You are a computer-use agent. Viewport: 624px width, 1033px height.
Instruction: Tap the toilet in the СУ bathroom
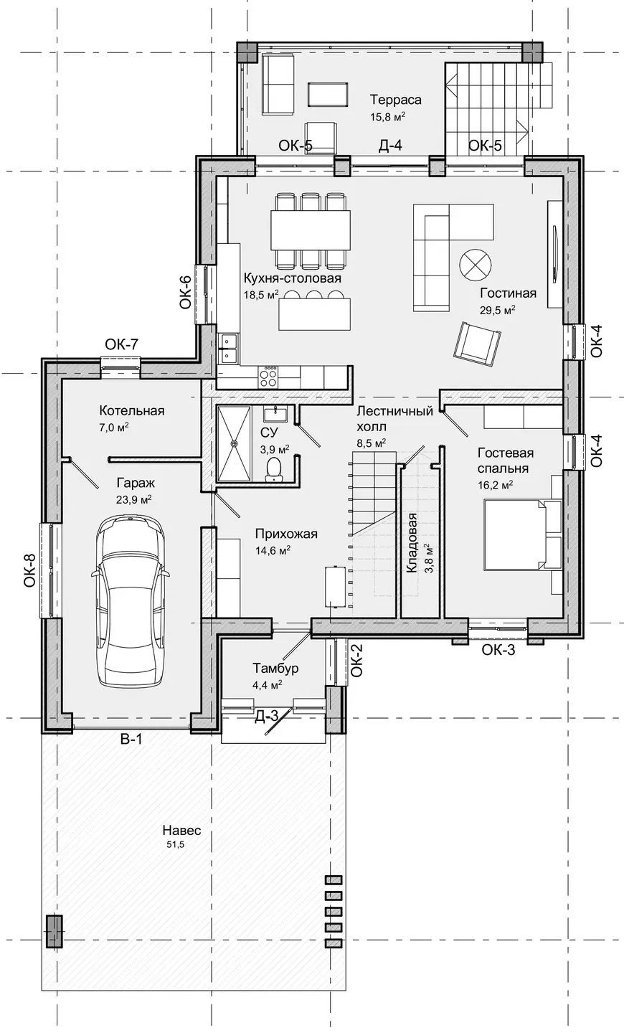click(275, 469)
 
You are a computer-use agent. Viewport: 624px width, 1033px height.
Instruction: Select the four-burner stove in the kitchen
click(268, 376)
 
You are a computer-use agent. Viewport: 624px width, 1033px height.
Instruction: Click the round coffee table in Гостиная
click(475, 265)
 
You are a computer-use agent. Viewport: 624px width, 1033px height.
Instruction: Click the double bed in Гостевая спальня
click(522, 535)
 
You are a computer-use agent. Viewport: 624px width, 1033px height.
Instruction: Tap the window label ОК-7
click(122, 344)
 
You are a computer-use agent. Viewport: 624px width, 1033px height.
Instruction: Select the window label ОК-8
click(29, 570)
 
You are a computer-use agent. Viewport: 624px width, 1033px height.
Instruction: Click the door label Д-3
click(267, 716)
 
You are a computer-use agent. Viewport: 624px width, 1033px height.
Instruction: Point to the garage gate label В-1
click(131, 739)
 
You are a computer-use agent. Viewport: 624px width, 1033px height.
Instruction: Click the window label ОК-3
click(498, 650)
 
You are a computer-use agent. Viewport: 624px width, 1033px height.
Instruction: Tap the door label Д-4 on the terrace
click(390, 146)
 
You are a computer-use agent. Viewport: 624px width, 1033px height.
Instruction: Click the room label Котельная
click(132, 410)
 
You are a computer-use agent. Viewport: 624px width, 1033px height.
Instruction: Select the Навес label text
click(181, 831)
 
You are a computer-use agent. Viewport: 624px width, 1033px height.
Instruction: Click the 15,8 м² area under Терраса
click(387, 116)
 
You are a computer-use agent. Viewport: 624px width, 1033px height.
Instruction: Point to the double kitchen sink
click(229, 348)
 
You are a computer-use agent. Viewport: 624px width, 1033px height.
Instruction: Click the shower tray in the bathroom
click(235, 443)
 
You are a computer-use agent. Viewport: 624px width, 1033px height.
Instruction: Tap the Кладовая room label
click(412, 542)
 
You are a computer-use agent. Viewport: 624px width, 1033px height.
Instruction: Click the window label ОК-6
click(185, 292)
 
